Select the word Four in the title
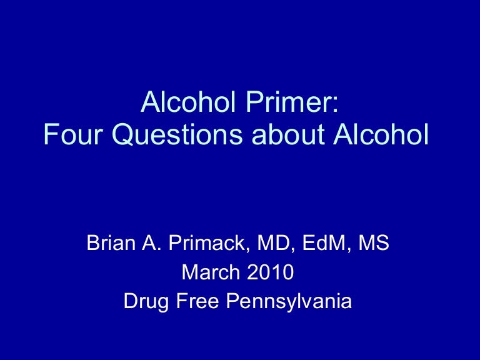pyautogui.click(x=68, y=136)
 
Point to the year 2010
pyautogui.click(x=269, y=272)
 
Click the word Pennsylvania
pyautogui.click(x=289, y=302)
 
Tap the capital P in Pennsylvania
pyautogui.click(x=231, y=302)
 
